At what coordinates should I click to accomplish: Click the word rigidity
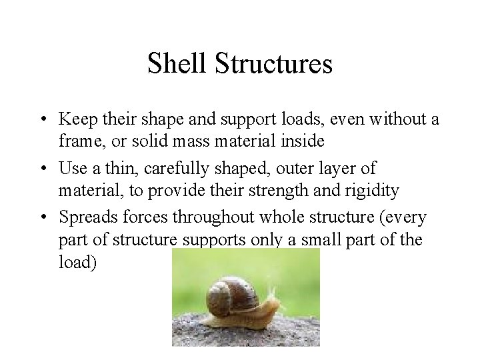tap(371, 191)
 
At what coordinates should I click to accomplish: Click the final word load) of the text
tap(77, 262)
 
